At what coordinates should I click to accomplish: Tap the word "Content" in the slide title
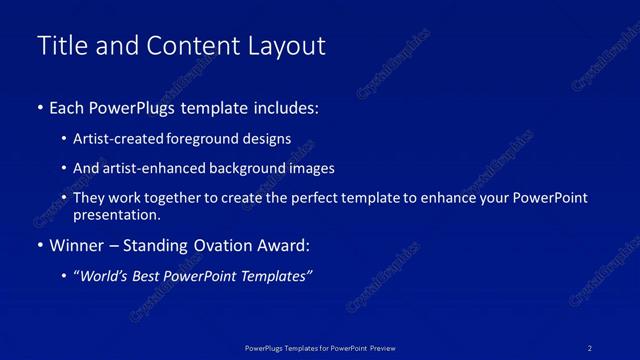click(194, 46)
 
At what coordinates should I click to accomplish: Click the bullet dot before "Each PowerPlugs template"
click(39, 107)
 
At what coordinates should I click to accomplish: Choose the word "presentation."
click(117, 214)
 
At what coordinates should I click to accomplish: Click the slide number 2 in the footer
click(590, 347)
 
